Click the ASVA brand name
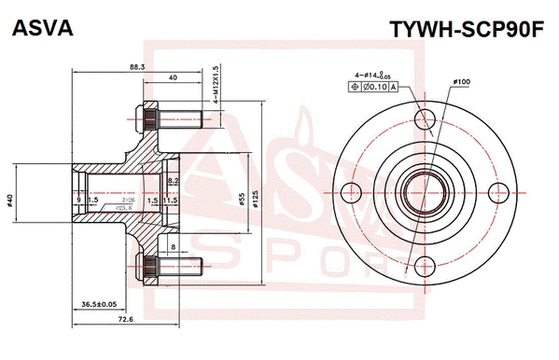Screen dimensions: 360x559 [x=39, y=29]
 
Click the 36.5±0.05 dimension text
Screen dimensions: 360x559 [x=91, y=304]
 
